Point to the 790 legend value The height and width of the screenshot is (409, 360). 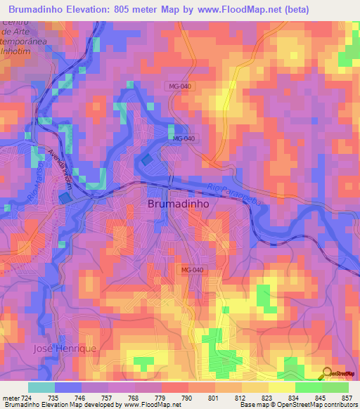pos(188,397)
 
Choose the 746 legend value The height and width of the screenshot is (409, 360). pos(80,397)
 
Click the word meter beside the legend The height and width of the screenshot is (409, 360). pos(9,397)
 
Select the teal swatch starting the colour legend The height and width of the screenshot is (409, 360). pos(41,387)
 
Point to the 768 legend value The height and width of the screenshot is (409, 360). pos(134,397)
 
